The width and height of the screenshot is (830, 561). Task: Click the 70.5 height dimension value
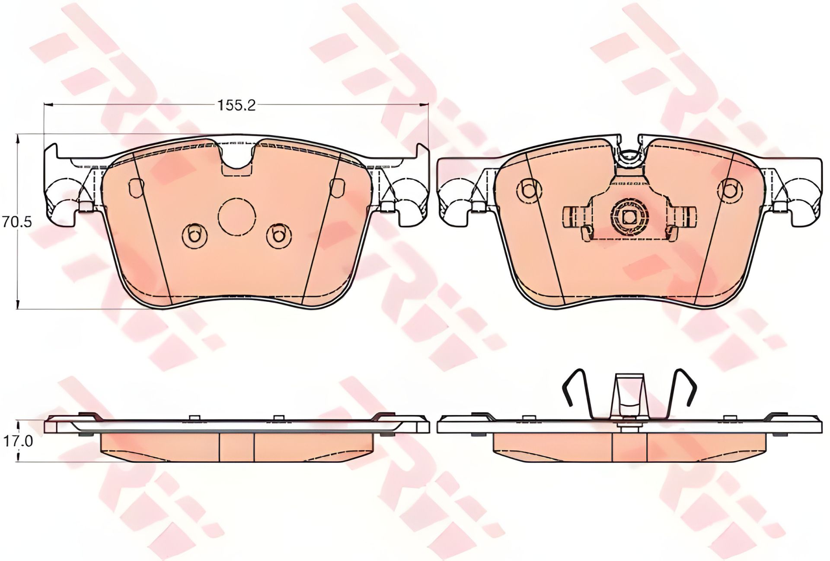tap(11, 222)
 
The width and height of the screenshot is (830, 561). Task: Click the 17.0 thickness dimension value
tap(12, 441)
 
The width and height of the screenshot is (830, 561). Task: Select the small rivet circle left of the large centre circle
tap(194, 236)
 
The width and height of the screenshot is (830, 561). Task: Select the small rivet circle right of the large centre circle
tap(279, 236)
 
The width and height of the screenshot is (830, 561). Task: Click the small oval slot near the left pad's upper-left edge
tap(136, 187)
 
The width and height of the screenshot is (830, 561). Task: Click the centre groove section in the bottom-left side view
tap(237, 447)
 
